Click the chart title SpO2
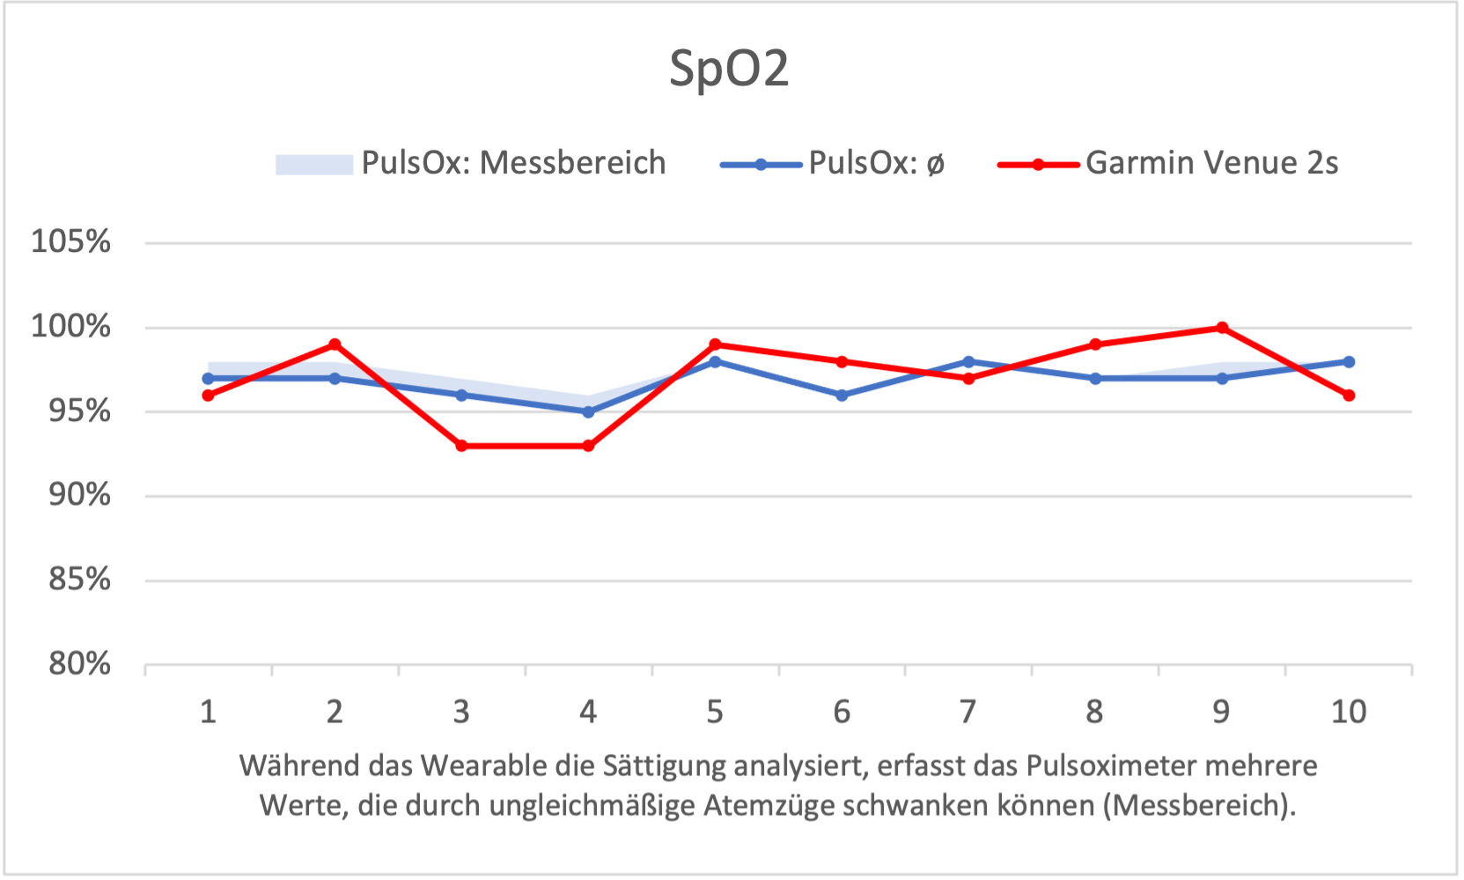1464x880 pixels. coord(729,69)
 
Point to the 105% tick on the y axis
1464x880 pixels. coord(71,241)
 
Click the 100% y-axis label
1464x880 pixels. coord(71,327)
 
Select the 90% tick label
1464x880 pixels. coord(79,495)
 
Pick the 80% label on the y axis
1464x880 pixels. coord(79,663)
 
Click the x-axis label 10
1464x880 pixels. coord(1349,712)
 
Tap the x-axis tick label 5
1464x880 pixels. coord(715,712)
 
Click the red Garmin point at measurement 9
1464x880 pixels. coord(1222,328)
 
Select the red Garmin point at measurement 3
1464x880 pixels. coord(461,446)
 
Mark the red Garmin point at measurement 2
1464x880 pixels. coord(335,344)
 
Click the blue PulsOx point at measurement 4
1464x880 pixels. coord(588,411)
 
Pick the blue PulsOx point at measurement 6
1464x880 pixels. coord(842,396)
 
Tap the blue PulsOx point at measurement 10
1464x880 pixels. coord(1349,362)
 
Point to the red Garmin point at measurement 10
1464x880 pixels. coord(1349,396)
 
